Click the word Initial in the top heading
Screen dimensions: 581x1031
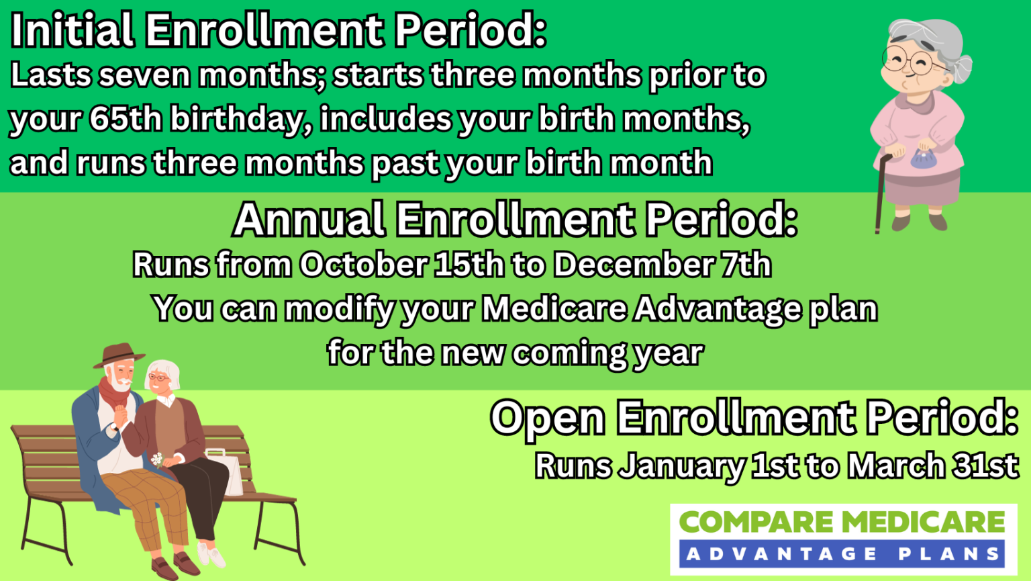pyautogui.click(x=72, y=31)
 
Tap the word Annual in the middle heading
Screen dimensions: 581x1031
pyautogui.click(x=309, y=220)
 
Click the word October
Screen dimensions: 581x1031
pyautogui.click(x=362, y=265)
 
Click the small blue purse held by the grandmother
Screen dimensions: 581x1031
pyautogui.click(x=922, y=159)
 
